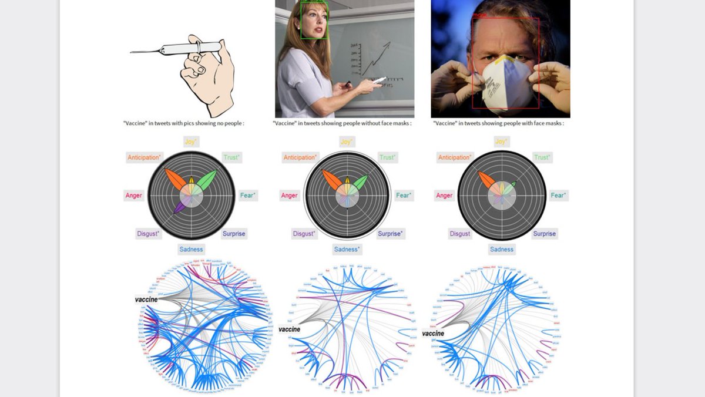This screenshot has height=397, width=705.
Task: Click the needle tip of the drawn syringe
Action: [x=132, y=52]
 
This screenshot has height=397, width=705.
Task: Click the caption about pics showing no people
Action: [x=183, y=123]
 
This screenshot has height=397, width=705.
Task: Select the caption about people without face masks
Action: [x=342, y=123]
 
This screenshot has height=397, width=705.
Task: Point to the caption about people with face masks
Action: [x=498, y=123]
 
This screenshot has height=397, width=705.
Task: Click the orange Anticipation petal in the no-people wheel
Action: [x=176, y=180]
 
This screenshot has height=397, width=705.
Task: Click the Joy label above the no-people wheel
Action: [x=191, y=142]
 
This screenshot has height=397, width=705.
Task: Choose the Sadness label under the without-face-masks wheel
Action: [x=347, y=250]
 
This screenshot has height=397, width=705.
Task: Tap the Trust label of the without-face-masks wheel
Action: [x=387, y=157]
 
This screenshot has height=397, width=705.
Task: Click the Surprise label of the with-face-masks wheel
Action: [x=544, y=234]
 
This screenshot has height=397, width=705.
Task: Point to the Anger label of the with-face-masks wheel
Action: [x=444, y=196]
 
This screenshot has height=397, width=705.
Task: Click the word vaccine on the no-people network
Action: [x=147, y=300]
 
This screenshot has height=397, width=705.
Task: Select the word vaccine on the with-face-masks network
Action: [x=432, y=334]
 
